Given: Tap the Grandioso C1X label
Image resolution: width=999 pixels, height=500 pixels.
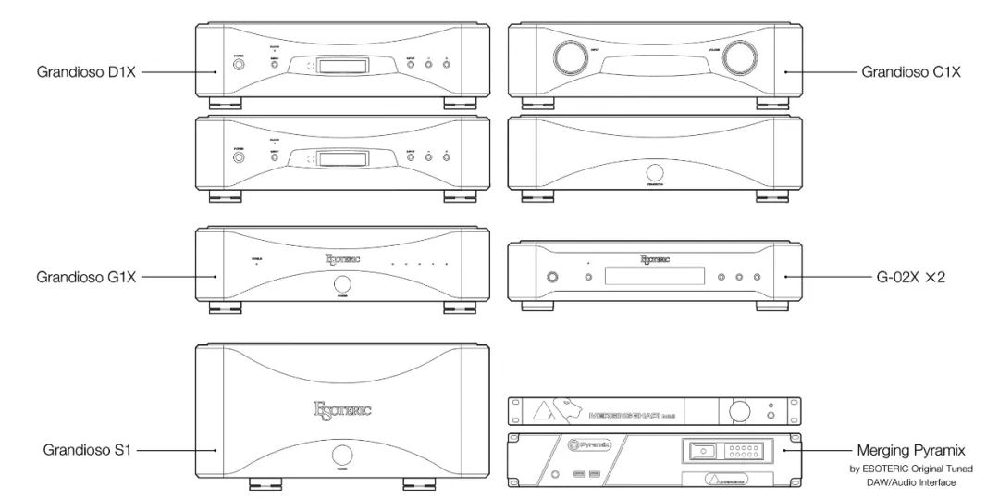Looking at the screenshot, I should [911, 71].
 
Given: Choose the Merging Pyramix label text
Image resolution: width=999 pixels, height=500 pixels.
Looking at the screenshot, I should [911, 451].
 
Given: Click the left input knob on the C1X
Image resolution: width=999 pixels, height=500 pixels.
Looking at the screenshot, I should [566, 56].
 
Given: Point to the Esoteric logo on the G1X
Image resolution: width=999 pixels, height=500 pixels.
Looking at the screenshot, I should [344, 261].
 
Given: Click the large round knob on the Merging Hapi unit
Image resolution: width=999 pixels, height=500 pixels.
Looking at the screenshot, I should [737, 410].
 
